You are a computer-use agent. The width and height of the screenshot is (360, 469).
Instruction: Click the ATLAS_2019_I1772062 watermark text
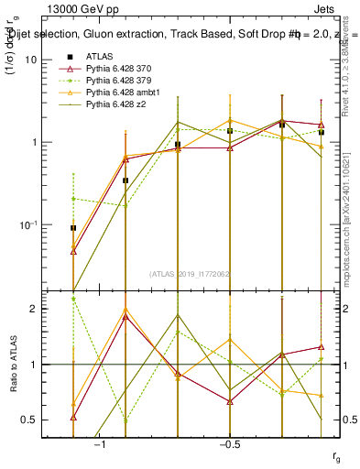[191, 272]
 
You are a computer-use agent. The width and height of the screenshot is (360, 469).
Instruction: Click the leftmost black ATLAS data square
[73, 228]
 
